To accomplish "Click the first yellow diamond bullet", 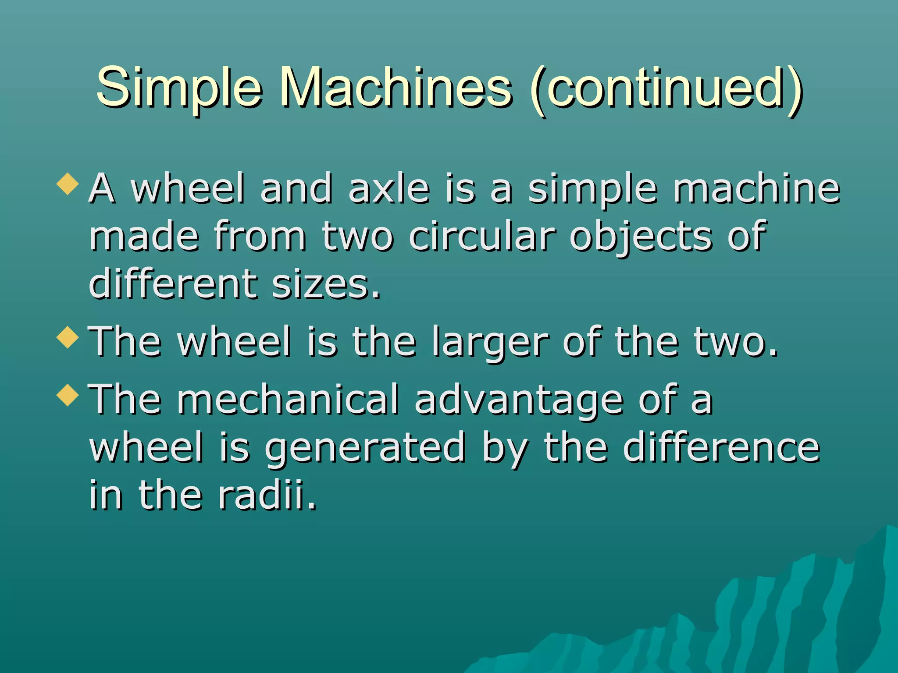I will pos(68,184).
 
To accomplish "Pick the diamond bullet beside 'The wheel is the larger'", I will pos(68,337).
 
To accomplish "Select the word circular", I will pos(482,237).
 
